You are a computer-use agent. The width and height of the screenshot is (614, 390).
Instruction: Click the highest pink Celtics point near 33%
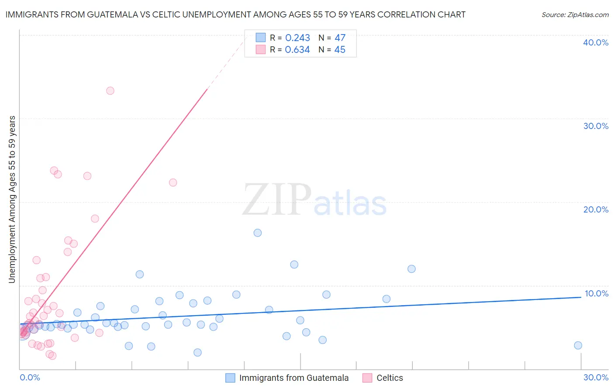[110, 91]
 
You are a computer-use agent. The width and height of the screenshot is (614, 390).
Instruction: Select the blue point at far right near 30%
[578, 345]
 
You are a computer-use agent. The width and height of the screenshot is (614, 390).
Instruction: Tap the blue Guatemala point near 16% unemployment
[258, 233]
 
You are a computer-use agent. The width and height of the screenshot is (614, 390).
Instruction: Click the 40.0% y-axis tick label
[596, 43]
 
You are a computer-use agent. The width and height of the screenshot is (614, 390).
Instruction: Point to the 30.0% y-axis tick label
[596, 126]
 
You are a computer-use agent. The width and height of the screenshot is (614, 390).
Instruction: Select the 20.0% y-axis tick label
[596, 210]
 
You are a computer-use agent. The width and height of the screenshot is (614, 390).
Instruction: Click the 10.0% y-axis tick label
[596, 293]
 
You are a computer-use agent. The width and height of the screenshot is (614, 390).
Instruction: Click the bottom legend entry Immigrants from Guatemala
[293, 378]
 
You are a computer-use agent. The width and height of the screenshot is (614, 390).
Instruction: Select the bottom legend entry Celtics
[390, 378]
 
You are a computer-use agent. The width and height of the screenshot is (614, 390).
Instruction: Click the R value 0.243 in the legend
[297, 38]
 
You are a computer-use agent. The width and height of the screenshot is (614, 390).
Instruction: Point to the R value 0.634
[297, 50]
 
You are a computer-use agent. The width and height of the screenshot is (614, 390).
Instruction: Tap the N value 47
[340, 38]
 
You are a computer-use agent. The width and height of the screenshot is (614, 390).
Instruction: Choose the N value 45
[340, 50]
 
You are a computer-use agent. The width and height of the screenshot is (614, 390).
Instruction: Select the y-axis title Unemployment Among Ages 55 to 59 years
[12, 199]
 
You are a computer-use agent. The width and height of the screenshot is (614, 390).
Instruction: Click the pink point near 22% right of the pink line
[173, 183]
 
